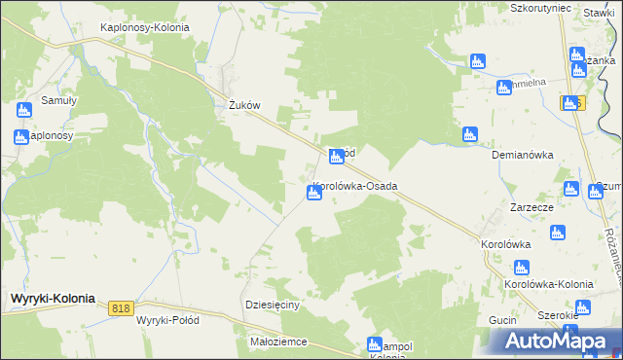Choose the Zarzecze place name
tap(532, 208)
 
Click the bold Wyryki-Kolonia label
tap(52, 299)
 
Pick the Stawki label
tap(598, 13)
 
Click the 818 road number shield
tap(121, 308)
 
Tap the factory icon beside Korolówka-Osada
tap(314, 194)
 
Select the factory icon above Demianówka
tap(470, 134)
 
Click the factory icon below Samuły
tap(22, 137)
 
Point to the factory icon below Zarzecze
tap(557, 234)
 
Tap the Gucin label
tap(502, 319)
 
